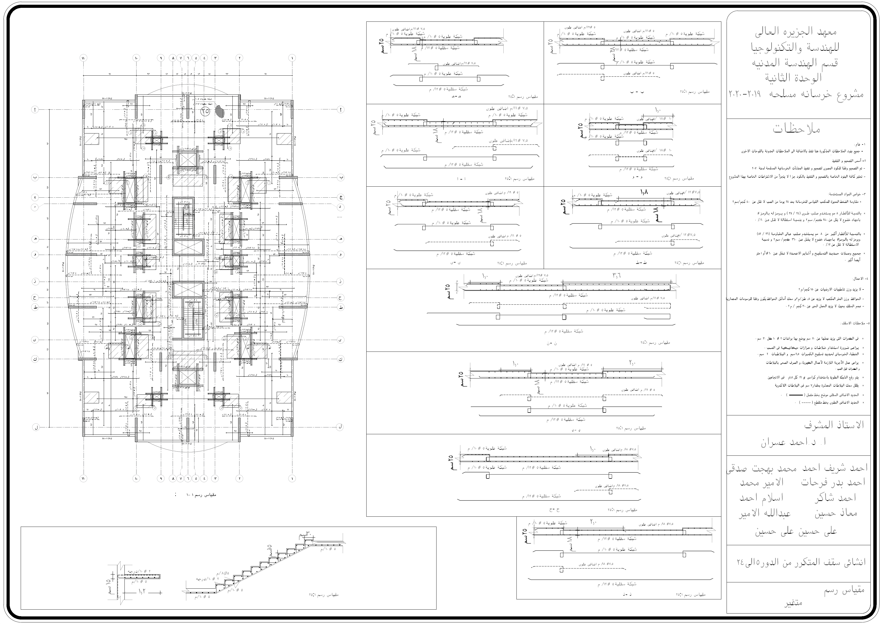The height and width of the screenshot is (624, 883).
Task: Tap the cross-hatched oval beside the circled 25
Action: [220, 111]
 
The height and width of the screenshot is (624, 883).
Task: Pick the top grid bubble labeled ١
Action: [293, 58]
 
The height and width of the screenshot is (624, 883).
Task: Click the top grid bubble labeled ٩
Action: [161, 58]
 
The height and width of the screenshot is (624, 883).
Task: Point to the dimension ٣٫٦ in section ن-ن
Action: [617, 275]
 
